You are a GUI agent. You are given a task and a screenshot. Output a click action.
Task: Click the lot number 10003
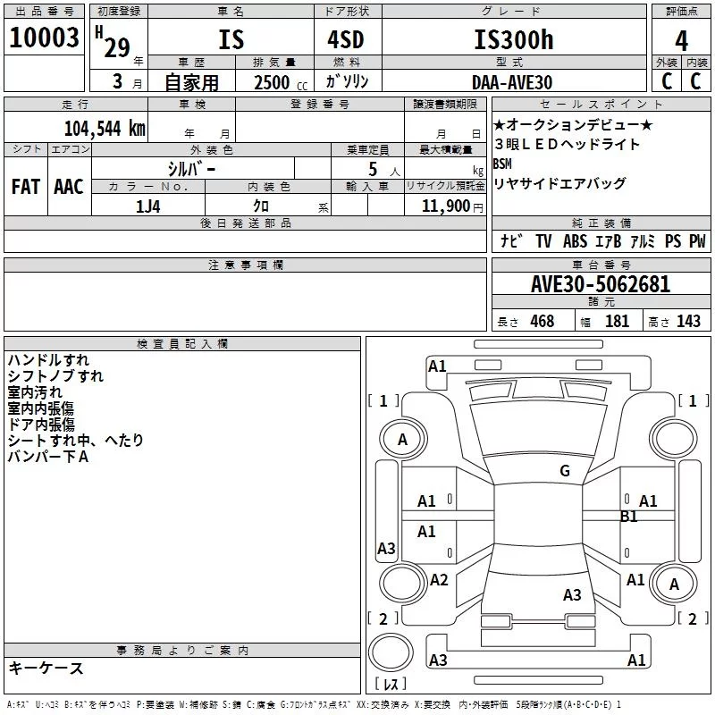(44, 38)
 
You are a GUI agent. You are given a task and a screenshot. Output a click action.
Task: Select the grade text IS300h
(514, 39)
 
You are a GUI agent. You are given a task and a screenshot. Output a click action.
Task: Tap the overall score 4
(681, 41)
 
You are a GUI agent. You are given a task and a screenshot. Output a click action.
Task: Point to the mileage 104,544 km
(105, 129)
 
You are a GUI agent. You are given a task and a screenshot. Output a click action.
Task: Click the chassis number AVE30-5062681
(601, 284)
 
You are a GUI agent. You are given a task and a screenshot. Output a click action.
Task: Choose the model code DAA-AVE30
(512, 82)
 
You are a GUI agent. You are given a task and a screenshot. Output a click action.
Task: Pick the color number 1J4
(147, 206)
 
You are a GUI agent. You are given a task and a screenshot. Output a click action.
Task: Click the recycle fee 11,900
(445, 206)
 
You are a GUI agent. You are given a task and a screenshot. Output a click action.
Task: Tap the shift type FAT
(26, 187)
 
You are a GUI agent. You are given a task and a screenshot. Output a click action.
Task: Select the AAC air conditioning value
(69, 187)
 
